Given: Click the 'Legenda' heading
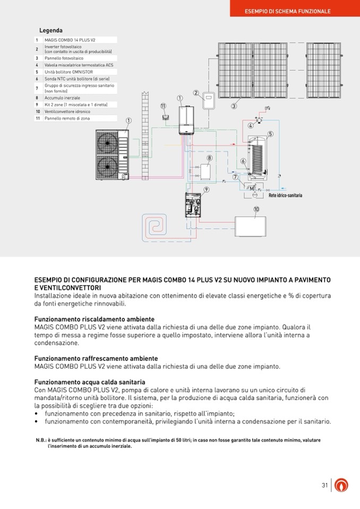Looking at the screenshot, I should [x=51, y=31].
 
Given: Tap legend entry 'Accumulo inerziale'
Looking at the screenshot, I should [x=63, y=98].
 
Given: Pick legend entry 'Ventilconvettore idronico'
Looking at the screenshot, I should [x=67, y=111].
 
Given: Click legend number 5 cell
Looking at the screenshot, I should [x=37, y=72].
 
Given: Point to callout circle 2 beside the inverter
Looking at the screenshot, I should [x=196, y=93].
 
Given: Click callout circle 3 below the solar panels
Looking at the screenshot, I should [x=234, y=106].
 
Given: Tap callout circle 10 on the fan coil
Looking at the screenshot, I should [x=256, y=209].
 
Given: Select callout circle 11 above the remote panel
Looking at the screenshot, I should [x=163, y=106].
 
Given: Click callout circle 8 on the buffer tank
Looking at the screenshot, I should [x=209, y=158].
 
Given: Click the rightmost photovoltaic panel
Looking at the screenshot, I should [x=326, y=71].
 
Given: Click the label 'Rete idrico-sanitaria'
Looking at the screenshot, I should [x=285, y=195].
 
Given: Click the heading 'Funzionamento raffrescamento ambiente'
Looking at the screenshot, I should [x=96, y=359].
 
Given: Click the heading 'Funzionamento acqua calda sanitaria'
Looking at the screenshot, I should [x=90, y=382].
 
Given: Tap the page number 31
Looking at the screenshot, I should [x=324, y=485].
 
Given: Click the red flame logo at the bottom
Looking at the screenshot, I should [x=343, y=485].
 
